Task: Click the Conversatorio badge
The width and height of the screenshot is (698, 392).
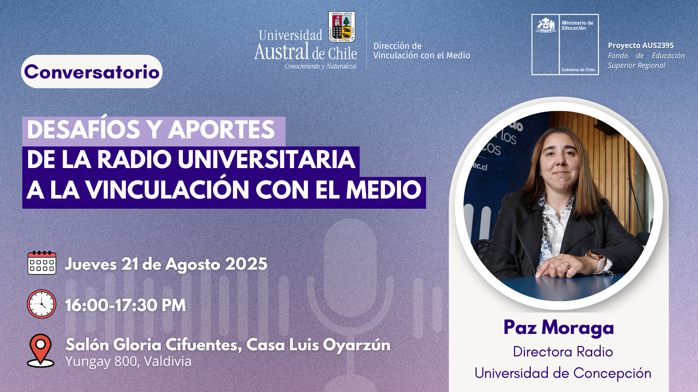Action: point(92,72)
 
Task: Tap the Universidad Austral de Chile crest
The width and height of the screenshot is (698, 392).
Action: point(342,27)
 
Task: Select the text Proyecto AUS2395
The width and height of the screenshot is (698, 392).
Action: point(641,45)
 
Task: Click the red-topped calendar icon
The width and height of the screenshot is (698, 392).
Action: point(42,262)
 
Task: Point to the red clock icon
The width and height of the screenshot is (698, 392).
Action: point(41,304)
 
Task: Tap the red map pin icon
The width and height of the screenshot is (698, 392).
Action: point(41,350)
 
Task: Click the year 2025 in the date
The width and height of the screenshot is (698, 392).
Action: point(246,264)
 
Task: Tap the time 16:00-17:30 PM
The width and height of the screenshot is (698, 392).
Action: point(125,305)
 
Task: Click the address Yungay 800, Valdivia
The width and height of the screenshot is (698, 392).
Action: point(128,362)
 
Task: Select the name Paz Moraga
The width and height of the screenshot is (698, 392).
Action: point(559,327)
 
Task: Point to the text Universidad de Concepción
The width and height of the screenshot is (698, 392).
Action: point(563,373)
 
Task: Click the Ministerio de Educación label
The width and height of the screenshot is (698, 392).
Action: point(577,25)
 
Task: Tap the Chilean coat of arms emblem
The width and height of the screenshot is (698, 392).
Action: point(546,25)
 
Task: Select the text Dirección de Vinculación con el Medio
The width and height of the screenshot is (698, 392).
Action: point(422,51)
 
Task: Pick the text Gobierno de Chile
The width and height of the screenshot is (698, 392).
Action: point(578,70)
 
